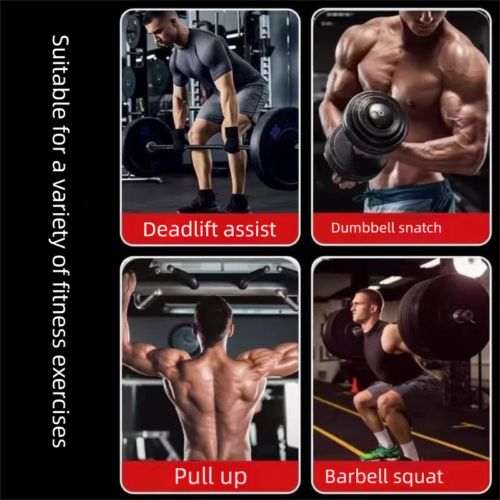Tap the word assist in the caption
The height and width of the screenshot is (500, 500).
(249, 229)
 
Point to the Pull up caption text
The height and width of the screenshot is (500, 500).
(211, 477)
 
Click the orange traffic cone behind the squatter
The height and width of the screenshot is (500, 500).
(354, 385)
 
